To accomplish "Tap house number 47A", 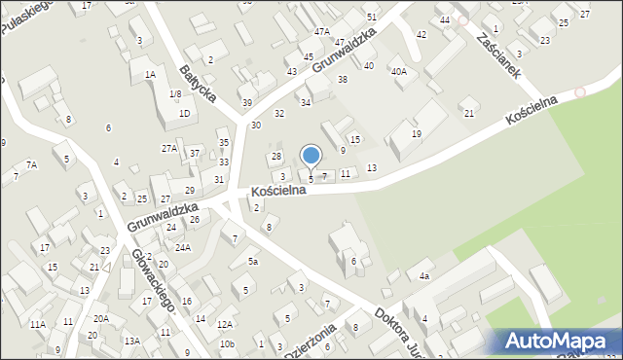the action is (321, 32).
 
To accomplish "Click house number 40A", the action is (398, 71).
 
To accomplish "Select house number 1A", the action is (150, 74).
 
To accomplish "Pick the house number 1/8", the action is (175, 93).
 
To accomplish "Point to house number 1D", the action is (184, 113).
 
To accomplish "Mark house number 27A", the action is (169, 148).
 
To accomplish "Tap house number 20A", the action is (101, 318).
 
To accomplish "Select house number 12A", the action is (225, 324).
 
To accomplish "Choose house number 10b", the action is (227, 343).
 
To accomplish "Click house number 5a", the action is (252, 261).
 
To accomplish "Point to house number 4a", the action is (424, 276).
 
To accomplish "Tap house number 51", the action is (372, 18).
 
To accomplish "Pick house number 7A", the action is (31, 164).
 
